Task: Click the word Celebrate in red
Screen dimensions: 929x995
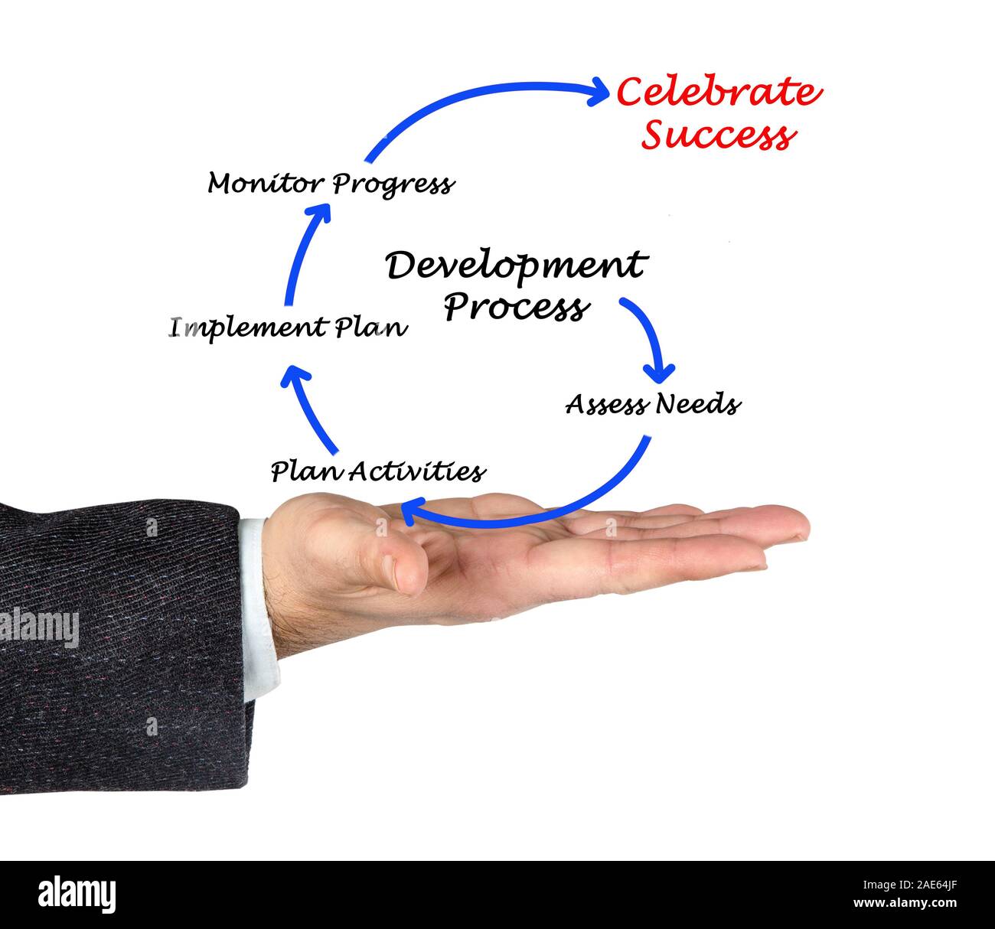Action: (x=718, y=93)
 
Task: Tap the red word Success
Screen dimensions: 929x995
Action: (x=718, y=135)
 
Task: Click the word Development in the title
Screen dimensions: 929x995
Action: (x=515, y=266)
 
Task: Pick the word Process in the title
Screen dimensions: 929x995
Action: (x=517, y=308)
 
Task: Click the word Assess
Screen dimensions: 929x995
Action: (x=605, y=404)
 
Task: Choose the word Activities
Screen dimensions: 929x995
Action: (x=418, y=471)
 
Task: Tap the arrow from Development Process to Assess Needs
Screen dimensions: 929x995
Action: (x=648, y=337)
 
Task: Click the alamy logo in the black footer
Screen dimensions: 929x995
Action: (x=77, y=895)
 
